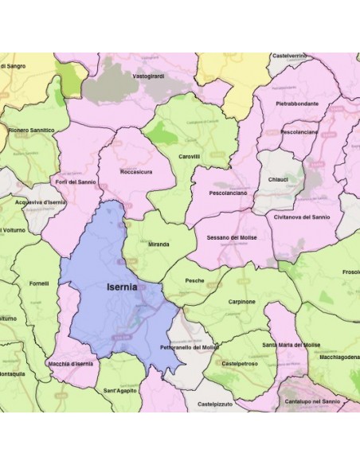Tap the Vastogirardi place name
click(x=148, y=75)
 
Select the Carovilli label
click(x=190, y=157)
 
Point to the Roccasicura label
click(x=135, y=171)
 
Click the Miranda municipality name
click(x=158, y=244)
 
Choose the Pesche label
click(x=194, y=280)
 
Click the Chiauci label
click(x=280, y=180)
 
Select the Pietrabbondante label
click(x=297, y=104)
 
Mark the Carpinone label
click(x=239, y=302)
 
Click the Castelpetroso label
click(x=241, y=363)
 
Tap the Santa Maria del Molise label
click(x=292, y=345)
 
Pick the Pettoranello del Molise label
click(x=190, y=348)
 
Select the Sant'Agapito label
click(x=120, y=390)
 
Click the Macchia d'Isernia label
click(x=71, y=363)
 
